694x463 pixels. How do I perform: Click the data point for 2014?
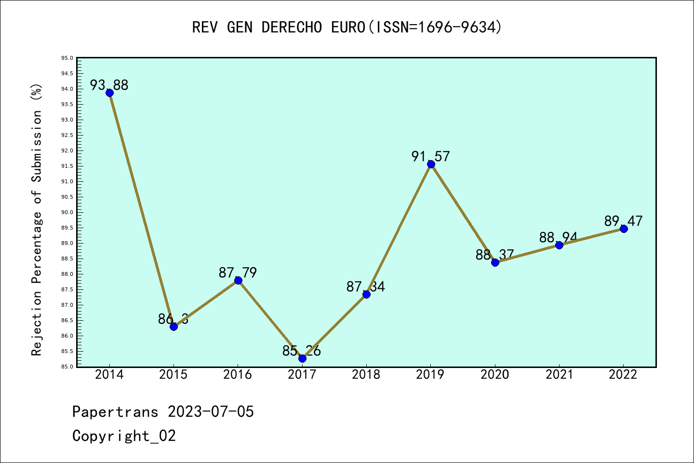109,93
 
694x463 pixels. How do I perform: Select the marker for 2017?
302,358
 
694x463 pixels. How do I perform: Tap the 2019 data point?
431,164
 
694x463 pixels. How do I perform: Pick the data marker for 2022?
624,229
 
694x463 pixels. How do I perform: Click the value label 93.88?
109,85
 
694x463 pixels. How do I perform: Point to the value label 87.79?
238,273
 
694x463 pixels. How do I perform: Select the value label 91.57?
430,156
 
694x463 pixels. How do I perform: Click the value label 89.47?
623,221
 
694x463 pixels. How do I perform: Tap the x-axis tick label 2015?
173,375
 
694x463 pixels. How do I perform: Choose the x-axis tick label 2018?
366,375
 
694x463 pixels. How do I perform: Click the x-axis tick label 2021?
559,375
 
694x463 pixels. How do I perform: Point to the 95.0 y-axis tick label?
67,58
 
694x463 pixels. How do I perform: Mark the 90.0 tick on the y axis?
67,213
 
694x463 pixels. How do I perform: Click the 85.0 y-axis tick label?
67,367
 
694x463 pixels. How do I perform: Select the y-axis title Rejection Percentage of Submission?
37,219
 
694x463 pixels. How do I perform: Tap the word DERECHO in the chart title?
292,27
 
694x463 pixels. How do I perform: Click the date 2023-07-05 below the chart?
211,412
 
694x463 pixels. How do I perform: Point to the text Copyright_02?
124,436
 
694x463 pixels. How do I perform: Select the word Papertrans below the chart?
115,412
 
